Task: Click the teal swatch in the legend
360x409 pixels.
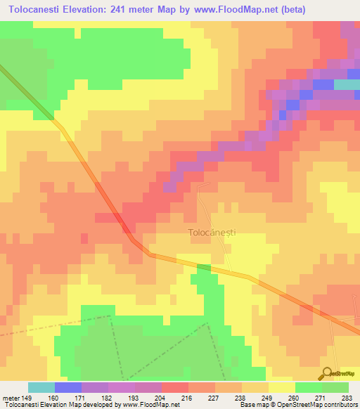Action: click(x=41, y=387)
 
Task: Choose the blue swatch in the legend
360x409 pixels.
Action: click(x=68, y=387)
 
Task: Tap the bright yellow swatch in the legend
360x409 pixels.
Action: click(x=282, y=387)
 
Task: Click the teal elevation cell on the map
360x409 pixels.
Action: click(x=345, y=84)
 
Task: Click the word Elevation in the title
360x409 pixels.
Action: click(x=91, y=9)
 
